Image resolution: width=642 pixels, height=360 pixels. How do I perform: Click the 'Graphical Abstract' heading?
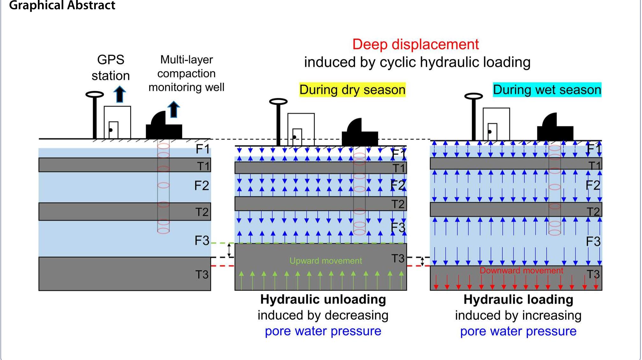(x=62, y=5)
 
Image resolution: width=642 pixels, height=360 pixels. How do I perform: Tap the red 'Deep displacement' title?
(x=416, y=44)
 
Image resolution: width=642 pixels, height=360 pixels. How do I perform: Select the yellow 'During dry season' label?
(x=352, y=90)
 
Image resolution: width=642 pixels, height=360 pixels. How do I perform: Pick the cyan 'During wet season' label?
(x=547, y=90)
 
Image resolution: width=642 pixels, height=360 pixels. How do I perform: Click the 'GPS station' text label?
(x=111, y=68)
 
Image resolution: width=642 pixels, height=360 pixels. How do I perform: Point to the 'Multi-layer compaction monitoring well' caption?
(x=187, y=73)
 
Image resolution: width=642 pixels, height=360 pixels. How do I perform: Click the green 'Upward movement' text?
(x=326, y=261)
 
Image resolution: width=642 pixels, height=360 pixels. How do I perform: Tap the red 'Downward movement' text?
(x=521, y=270)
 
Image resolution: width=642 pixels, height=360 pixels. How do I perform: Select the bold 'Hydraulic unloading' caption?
(x=323, y=299)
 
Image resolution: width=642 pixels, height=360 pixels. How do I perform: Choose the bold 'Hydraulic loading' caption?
(x=518, y=299)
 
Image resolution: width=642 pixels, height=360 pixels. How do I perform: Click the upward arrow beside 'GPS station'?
(x=120, y=94)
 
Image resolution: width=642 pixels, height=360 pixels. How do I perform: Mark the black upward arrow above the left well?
(x=173, y=109)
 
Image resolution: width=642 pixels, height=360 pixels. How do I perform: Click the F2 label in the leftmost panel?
(x=202, y=185)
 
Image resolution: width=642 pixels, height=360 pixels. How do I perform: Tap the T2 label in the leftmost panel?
(x=202, y=212)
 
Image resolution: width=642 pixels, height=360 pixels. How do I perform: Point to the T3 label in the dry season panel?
(x=398, y=259)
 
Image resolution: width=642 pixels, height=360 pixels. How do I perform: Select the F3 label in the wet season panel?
(x=593, y=241)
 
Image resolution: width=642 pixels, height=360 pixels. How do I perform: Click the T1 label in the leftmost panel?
(x=203, y=166)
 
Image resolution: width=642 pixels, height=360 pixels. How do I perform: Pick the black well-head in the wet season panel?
(x=555, y=127)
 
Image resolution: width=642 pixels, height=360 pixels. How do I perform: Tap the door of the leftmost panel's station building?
(x=114, y=130)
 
